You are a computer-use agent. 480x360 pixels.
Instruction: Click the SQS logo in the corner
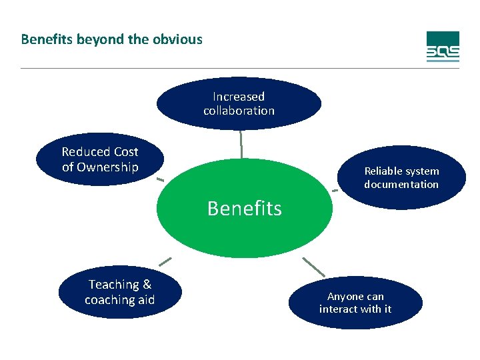443,47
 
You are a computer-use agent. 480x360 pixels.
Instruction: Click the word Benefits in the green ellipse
244,209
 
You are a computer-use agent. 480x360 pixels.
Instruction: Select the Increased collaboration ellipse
239,103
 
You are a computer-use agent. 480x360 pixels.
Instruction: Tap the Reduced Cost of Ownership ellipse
99,159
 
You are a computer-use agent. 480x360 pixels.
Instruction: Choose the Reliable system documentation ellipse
401,178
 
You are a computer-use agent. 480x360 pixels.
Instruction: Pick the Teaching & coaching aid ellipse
119,293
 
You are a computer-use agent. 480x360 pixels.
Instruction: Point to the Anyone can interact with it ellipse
355,303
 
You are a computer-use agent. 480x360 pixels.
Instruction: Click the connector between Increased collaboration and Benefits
241,143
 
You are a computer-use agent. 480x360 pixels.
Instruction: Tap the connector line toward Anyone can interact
313,267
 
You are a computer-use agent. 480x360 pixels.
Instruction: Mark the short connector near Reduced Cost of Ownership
160,180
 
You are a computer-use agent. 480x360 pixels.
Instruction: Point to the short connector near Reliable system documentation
335,191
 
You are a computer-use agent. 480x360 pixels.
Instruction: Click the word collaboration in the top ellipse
239,111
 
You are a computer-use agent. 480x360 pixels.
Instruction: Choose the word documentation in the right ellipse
401,185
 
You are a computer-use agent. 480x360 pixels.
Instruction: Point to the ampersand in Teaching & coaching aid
147,285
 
